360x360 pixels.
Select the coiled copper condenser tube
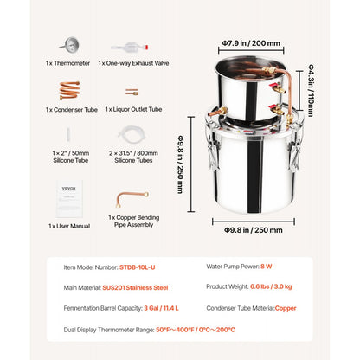point(68,89)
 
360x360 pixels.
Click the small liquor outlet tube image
point(132,91)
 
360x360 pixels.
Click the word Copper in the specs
point(311,307)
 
